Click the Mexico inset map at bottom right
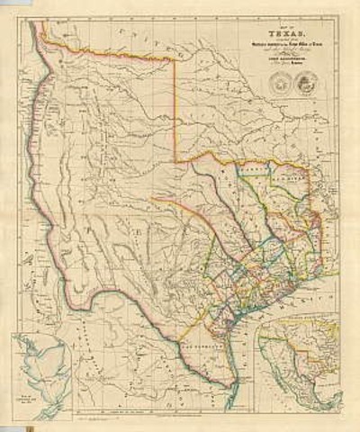(297, 360)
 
